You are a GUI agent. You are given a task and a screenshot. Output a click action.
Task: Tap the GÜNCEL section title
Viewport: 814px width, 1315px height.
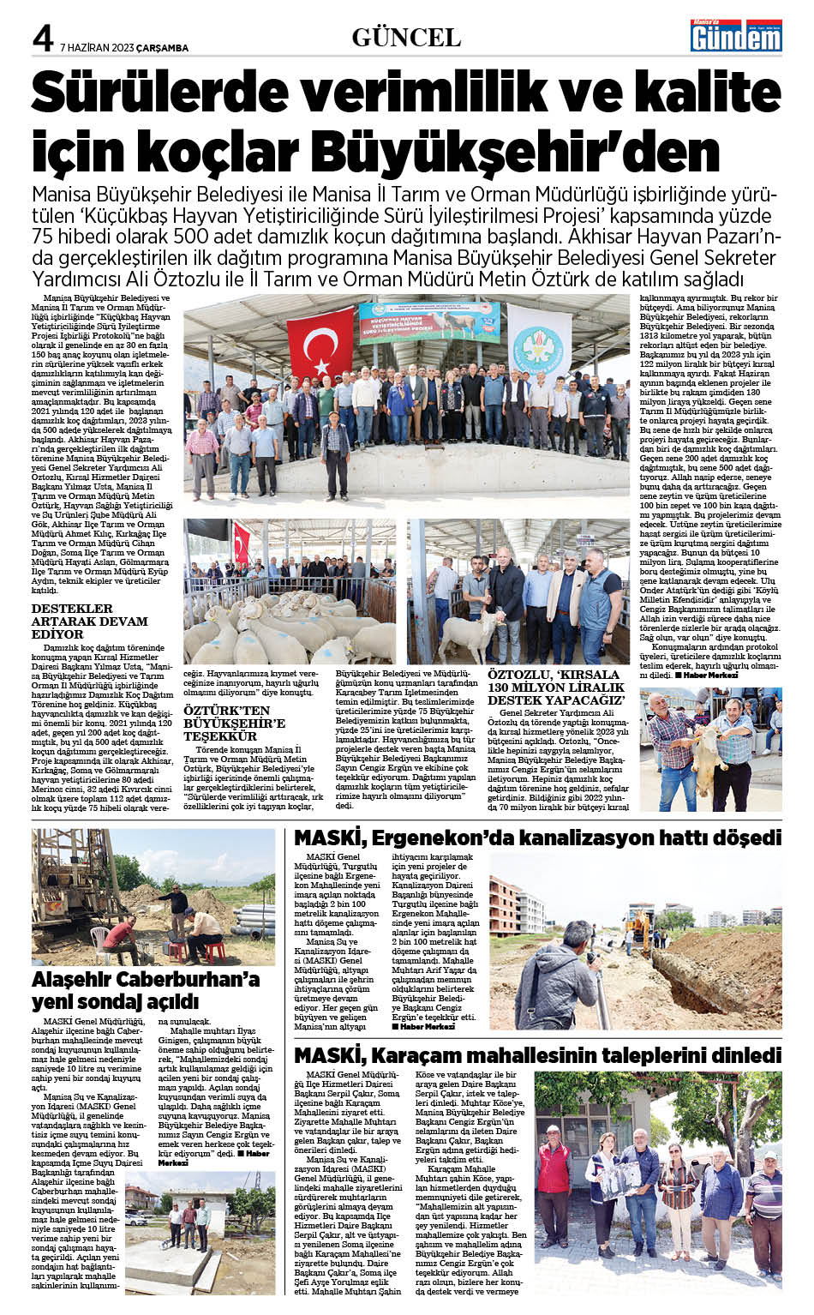coord(406,37)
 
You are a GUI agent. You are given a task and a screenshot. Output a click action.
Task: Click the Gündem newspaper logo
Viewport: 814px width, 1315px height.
coord(736,35)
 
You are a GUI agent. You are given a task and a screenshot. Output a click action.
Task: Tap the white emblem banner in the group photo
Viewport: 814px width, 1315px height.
coord(538,339)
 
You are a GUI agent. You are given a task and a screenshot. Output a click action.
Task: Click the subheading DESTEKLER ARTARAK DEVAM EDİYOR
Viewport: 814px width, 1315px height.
coord(89,621)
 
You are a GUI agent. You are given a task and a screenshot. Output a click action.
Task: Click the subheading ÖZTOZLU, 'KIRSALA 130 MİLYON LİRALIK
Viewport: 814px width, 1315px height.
coord(557,688)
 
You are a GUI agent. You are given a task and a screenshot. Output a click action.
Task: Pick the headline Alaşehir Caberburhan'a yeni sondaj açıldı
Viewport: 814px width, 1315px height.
coord(146,990)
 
